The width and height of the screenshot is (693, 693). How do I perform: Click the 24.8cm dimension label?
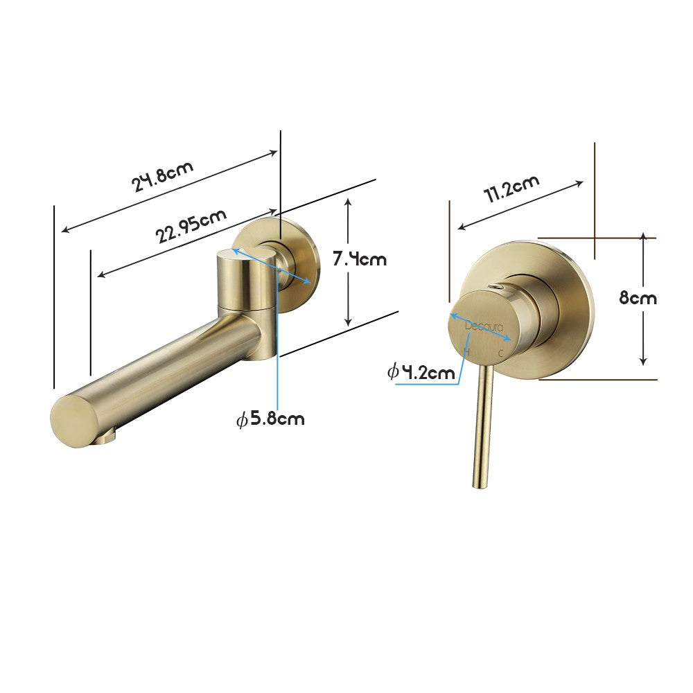pos(164,176)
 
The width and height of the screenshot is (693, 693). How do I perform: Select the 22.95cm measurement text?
pos(191,225)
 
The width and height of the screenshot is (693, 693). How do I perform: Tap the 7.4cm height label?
pos(359,259)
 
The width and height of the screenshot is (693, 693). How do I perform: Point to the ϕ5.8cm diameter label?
pos(270,419)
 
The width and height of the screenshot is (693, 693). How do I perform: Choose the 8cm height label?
pos(638,298)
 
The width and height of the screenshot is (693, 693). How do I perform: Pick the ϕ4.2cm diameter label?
pos(421,372)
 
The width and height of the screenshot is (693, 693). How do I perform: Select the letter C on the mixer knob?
pos(501,353)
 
